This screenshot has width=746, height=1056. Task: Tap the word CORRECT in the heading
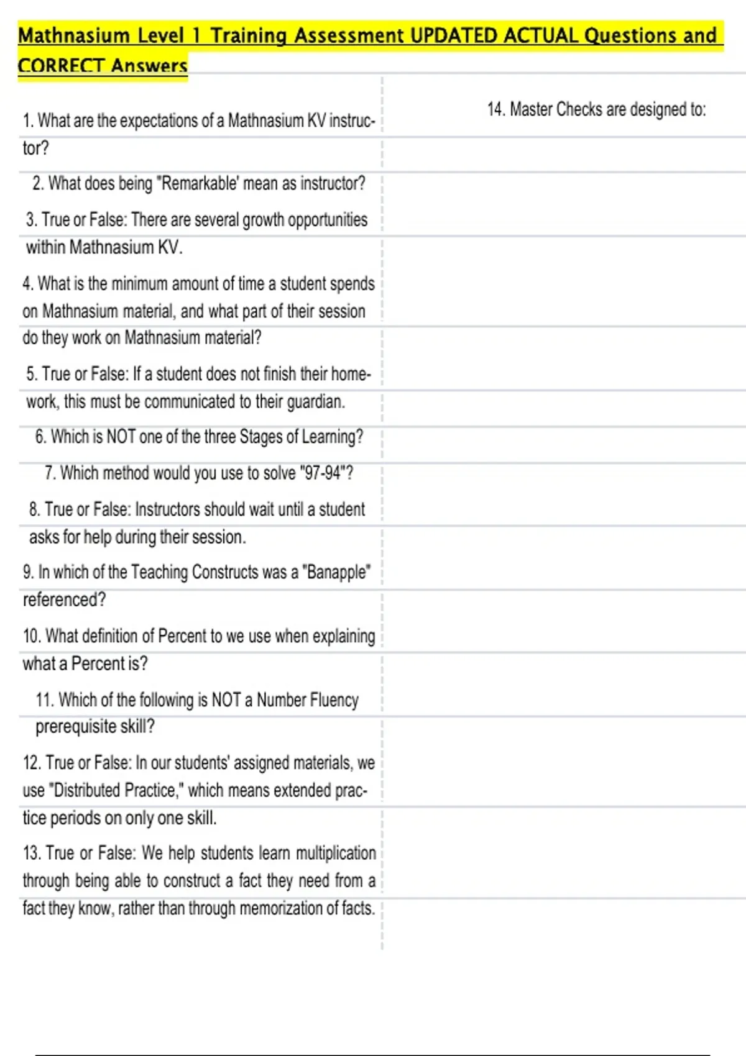(61, 65)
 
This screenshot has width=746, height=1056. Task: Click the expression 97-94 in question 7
(323, 473)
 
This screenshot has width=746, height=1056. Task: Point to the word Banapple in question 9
(336, 572)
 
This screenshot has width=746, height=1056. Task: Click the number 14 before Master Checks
(495, 109)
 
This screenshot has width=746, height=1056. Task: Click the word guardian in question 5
(315, 402)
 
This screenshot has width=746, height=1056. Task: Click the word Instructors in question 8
(167, 510)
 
